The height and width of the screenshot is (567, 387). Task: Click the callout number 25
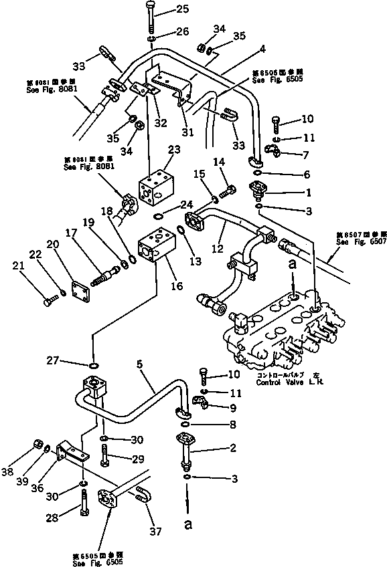tap(164, 9)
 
